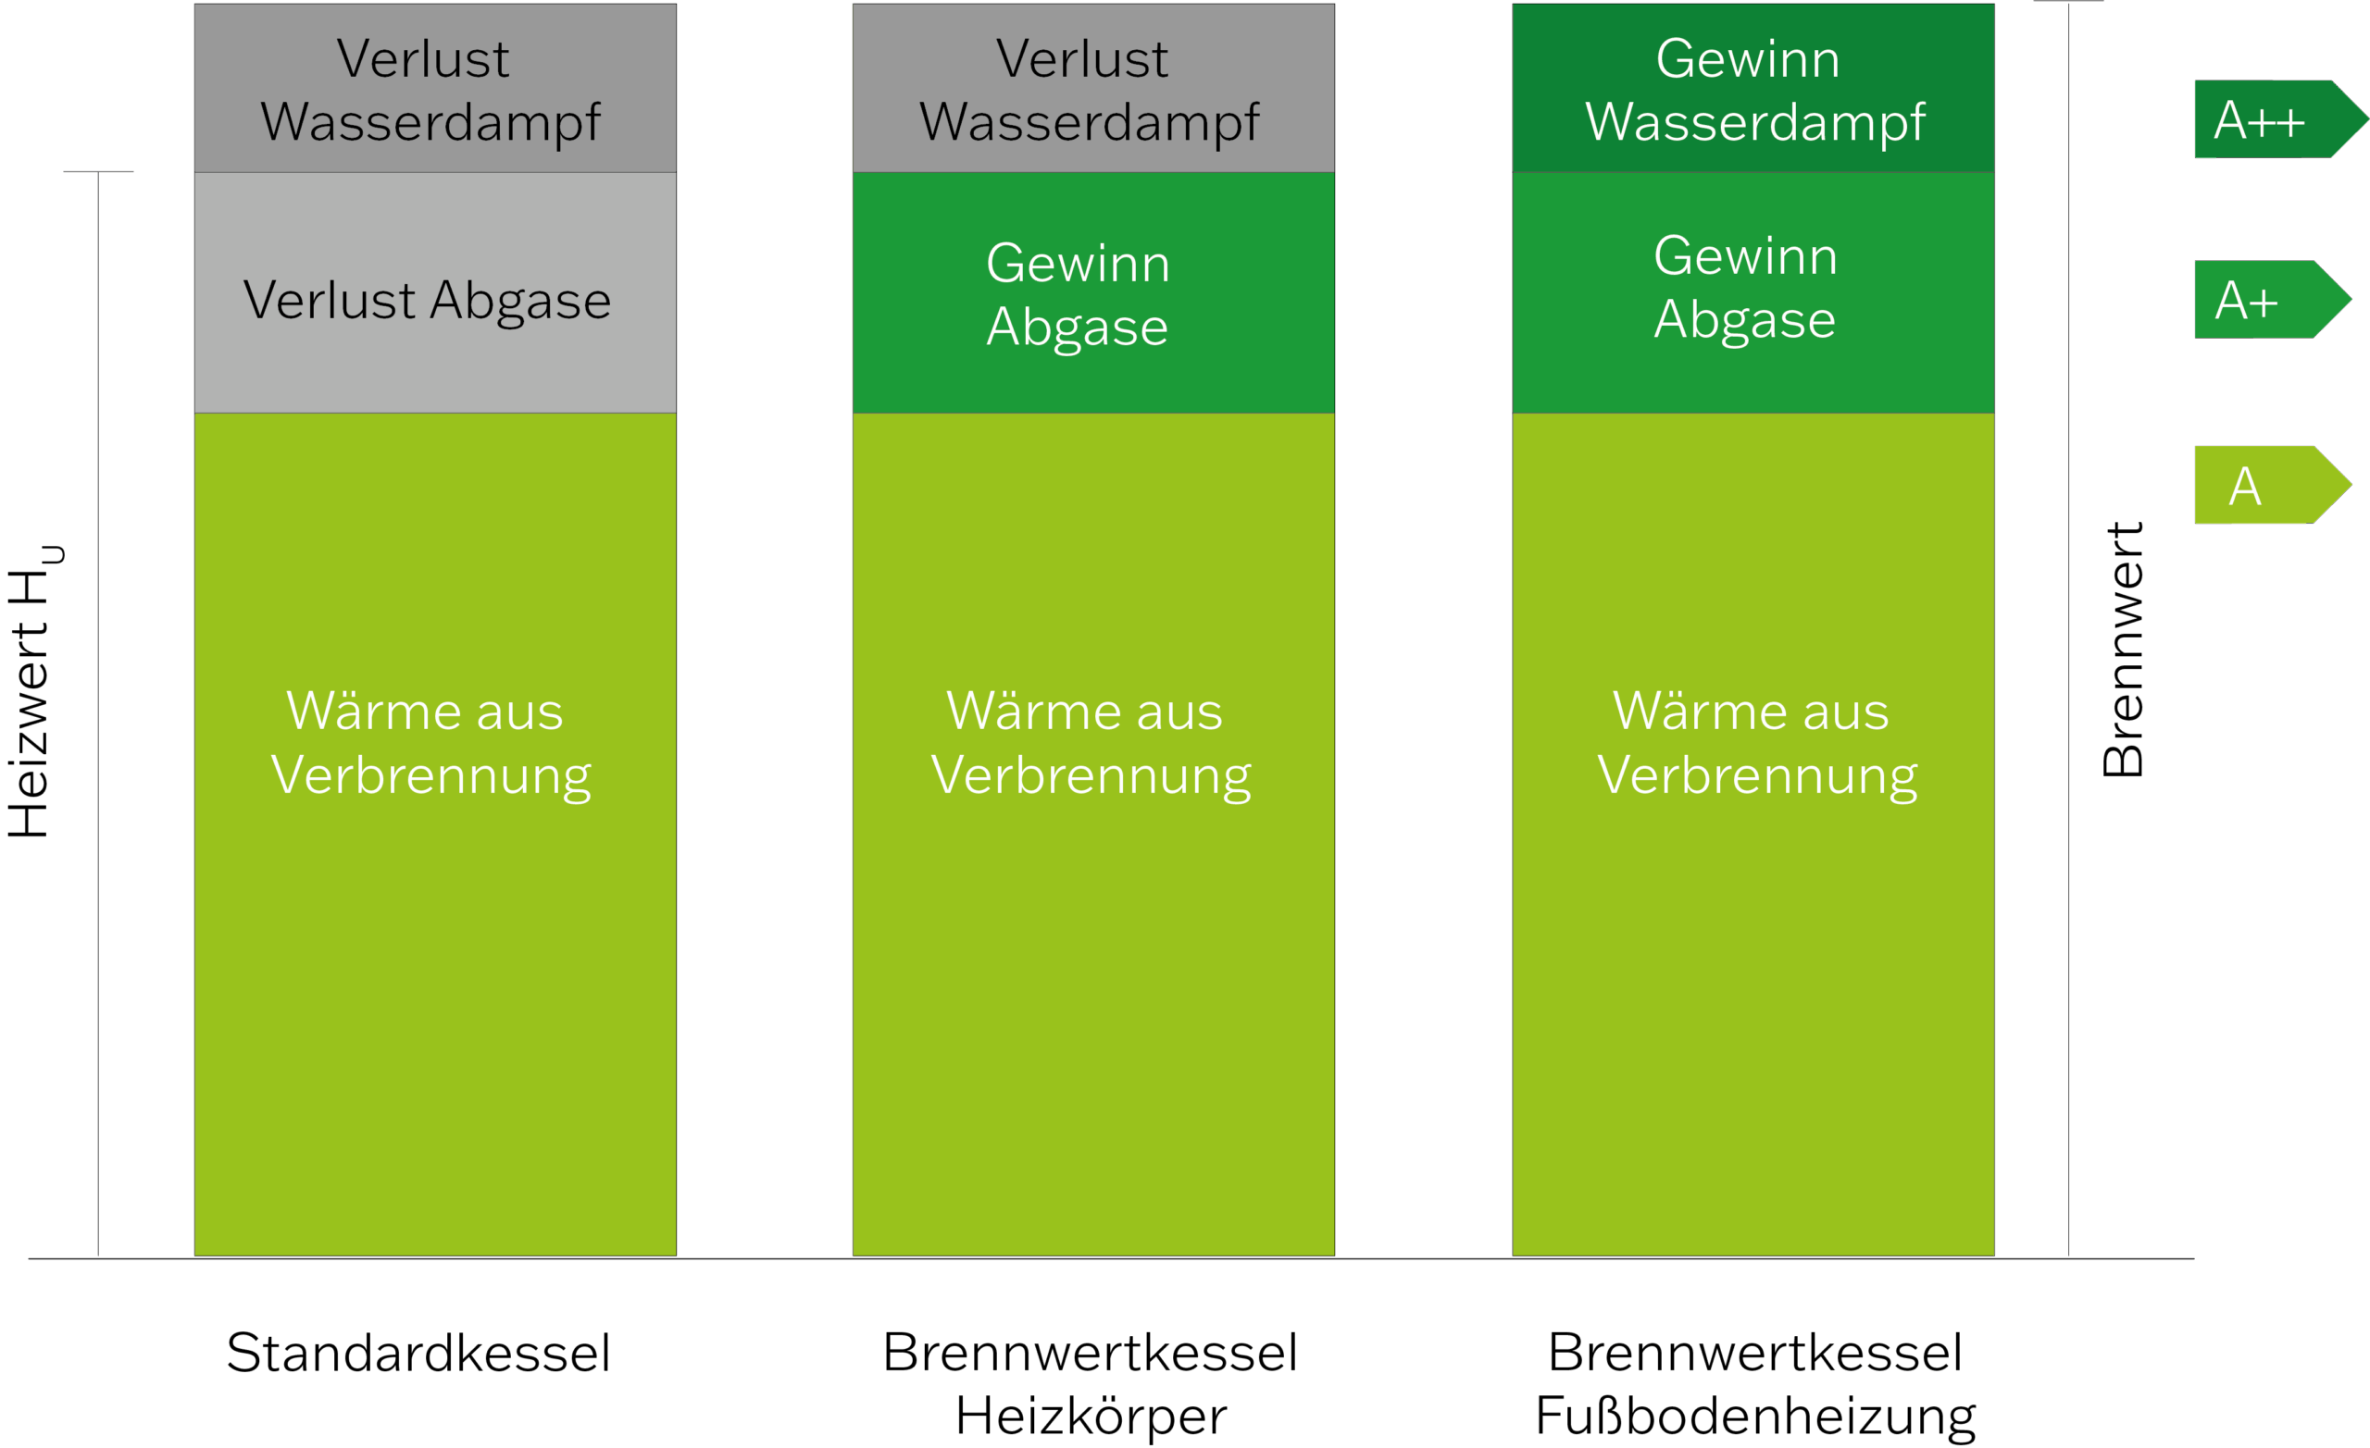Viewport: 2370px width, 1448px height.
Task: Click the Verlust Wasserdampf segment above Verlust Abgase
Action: coord(435,89)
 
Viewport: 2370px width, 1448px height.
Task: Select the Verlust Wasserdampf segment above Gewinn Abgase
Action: coord(1092,89)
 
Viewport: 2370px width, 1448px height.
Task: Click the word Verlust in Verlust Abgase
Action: coord(329,300)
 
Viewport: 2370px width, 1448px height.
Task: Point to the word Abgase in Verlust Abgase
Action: coord(520,302)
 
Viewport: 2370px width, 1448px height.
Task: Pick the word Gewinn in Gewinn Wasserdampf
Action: coord(1748,58)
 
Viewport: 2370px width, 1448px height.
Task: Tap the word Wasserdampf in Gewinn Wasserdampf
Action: coord(1754,123)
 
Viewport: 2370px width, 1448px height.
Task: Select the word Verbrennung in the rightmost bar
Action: coord(1756,776)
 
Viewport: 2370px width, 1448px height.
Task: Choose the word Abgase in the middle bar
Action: coord(1078,328)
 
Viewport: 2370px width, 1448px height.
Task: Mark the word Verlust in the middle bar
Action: coord(1081,58)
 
